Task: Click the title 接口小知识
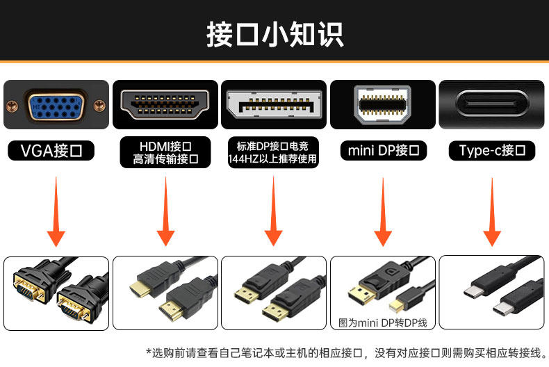(274, 34)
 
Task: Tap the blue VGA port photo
(56, 106)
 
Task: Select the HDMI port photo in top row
(165, 106)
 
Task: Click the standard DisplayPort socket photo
(274, 106)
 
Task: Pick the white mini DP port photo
(383, 104)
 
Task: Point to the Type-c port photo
(492, 106)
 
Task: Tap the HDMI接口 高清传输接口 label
(165, 152)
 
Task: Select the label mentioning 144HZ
(274, 152)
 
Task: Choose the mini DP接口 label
(383, 151)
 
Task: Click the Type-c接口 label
(492, 151)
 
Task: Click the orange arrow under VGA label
(56, 212)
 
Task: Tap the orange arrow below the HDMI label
(165, 212)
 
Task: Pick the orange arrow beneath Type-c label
(492, 212)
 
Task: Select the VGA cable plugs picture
(56, 293)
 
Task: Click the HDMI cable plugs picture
(165, 293)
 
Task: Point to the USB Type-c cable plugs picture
(492, 293)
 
